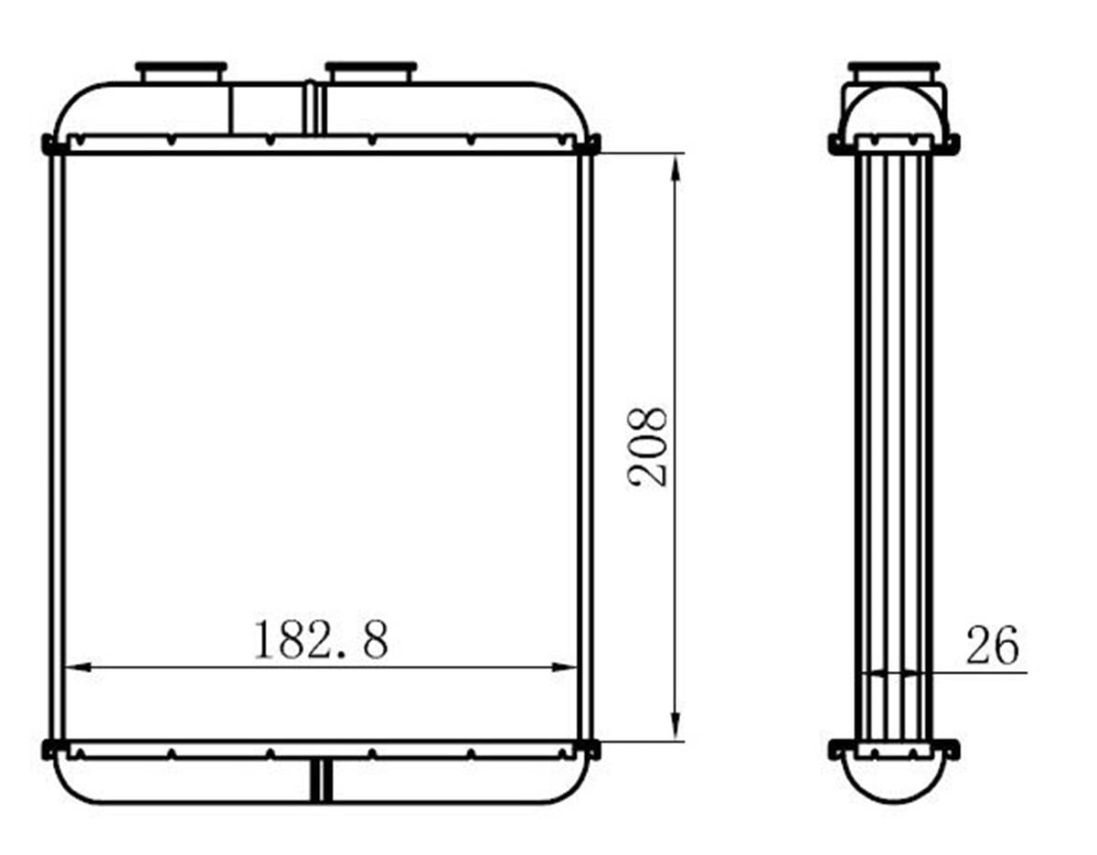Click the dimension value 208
point(647,446)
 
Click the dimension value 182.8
point(321,640)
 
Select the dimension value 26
point(992,645)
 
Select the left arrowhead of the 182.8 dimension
point(79,668)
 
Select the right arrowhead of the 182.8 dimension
point(564,668)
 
